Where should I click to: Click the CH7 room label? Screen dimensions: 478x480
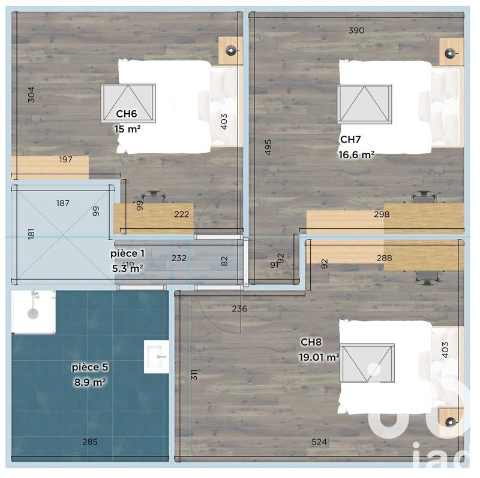pyautogui.click(x=350, y=140)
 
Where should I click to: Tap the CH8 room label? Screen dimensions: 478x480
pyautogui.click(x=311, y=343)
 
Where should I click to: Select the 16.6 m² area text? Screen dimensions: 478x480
pyautogui.click(x=356, y=155)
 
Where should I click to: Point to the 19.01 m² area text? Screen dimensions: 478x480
pyautogui.click(x=319, y=358)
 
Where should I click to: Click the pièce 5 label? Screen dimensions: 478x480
pyautogui.click(x=90, y=367)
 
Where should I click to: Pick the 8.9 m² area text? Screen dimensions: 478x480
pyautogui.click(x=90, y=381)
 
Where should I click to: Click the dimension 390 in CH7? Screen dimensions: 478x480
pyautogui.click(x=356, y=30)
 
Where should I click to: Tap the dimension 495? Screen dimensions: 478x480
pyautogui.click(x=268, y=147)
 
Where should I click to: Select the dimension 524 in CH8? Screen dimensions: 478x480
pyautogui.click(x=319, y=442)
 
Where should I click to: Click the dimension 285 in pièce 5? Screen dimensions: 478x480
pyautogui.click(x=90, y=442)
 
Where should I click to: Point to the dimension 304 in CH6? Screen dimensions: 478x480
pyautogui.click(x=31, y=95)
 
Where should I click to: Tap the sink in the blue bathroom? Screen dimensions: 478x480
pyautogui.click(x=157, y=356)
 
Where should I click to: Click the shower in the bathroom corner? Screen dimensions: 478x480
pyautogui.click(x=33, y=311)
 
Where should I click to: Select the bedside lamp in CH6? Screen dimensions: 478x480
pyautogui.click(x=230, y=51)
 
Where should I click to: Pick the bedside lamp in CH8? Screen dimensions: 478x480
pyautogui.click(x=451, y=420)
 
